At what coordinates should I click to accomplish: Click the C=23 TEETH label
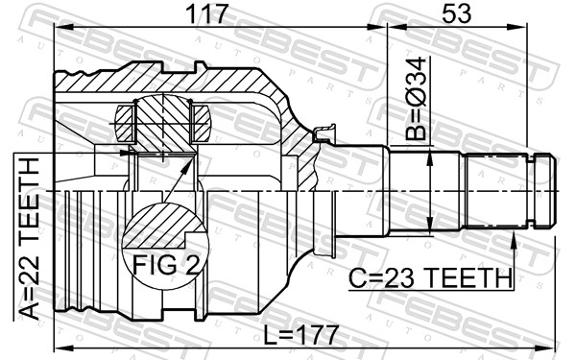(430, 277)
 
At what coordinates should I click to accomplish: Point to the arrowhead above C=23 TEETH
(515, 236)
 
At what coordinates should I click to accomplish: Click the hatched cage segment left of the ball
(126, 123)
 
